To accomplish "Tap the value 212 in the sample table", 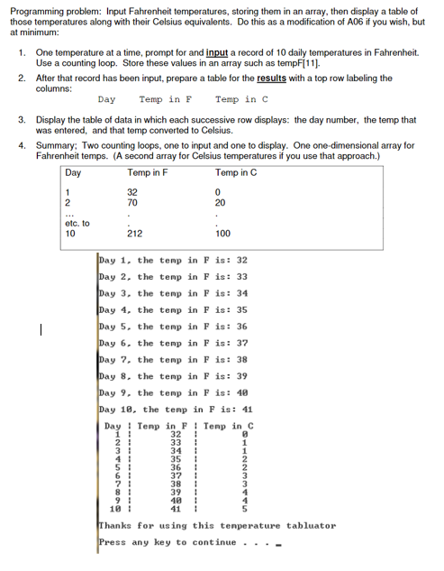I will tap(132, 233).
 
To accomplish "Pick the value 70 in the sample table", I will tap(132, 204).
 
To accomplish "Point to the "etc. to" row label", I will tap(78, 223).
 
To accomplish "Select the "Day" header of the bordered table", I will tap(74, 172).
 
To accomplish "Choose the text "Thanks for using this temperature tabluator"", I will tap(216, 525).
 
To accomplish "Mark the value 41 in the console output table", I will tap(177, 508).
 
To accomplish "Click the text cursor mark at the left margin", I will tap(31, 329).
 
